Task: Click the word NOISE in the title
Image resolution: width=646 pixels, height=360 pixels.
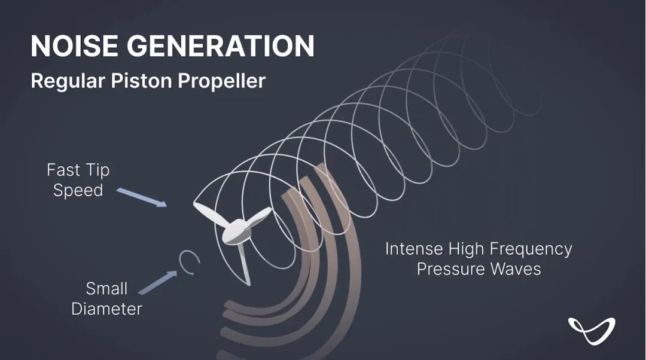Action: pos(74,45)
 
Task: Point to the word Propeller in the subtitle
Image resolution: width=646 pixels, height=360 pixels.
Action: pos(222,81)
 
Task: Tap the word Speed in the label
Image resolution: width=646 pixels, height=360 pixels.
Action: pos(78,191)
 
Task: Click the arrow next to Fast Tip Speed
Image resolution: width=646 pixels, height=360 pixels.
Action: pos(142,197)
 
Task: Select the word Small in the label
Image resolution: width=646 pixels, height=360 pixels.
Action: pos(106,288)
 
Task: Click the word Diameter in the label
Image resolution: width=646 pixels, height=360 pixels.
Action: pos(106,309)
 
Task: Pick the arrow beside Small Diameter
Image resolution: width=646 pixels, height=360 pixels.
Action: pos(158,282)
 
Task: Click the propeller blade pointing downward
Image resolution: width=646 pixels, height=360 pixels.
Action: pos(244,264)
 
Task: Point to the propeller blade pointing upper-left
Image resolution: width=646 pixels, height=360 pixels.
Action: pos(209,213)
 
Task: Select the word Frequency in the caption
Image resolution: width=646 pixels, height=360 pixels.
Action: pos(531,249)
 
